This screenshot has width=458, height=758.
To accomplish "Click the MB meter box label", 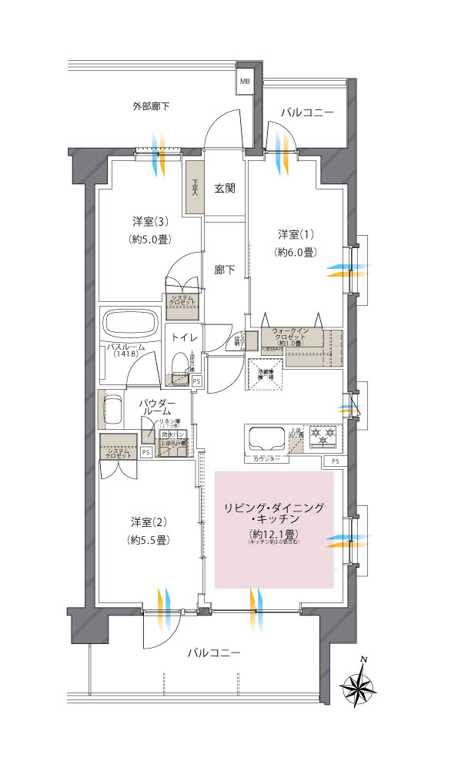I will point(245,80).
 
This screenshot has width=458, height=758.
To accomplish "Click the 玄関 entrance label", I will point(224,188).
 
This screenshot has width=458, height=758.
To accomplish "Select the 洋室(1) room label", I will point(296,233).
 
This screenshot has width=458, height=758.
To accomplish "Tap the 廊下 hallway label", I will point(224,270).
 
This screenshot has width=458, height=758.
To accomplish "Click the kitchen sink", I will point(265,438).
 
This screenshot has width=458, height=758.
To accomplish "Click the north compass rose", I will point(359,684).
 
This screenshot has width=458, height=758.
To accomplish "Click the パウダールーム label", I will point(157,408).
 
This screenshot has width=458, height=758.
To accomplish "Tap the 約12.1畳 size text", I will point(274,534).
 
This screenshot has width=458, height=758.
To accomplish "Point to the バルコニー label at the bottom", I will point(214,653).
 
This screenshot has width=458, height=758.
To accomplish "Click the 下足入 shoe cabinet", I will point(193,187).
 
